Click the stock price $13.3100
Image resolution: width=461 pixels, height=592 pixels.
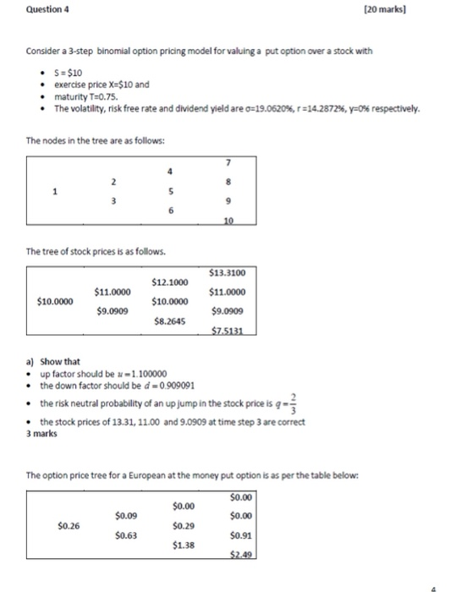click(227, 272)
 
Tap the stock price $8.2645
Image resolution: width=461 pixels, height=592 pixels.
click(169, 321)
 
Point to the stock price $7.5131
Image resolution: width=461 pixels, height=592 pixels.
click(227, 332)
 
